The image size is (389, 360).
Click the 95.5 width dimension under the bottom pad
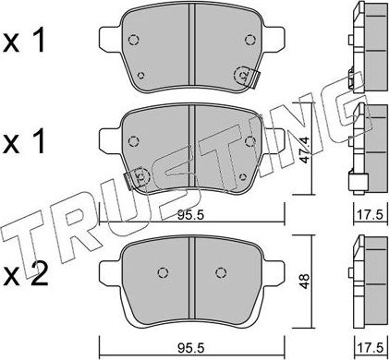pos(189,348)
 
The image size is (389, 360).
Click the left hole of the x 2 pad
pos(163,271)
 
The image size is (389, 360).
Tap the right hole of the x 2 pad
pos(219,271)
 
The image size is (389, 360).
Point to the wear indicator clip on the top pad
pos(246,78)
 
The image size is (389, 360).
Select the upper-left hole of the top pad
pos(133,41)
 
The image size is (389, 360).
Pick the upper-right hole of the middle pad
pos(249,141)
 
